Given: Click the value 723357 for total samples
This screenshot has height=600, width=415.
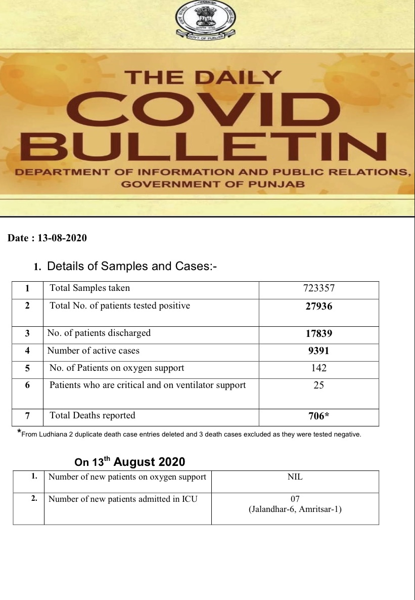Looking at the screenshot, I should [x=318, y=288].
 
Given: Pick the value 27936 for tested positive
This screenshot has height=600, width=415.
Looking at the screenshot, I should [x=318, y=306].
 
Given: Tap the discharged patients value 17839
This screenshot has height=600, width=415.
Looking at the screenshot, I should [x=318, y=333].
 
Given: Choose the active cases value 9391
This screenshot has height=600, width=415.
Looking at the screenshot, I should [x=318, y=351].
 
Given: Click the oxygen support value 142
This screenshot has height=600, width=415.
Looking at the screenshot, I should [x=318, y=368].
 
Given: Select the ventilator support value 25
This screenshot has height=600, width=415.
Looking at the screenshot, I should [x=318, y=385].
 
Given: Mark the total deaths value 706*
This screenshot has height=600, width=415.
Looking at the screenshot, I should [x=318, y=416].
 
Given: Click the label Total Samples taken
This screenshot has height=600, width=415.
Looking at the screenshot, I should [x=89, y=288].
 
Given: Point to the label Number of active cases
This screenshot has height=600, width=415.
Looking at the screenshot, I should [x=94, y=351].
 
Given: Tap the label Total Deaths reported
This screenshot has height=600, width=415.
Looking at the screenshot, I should [x=93, y=416].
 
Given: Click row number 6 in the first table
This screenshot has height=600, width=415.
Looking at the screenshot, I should [x=27, y=385].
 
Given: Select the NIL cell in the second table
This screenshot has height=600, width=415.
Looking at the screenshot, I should [x=295, y=477].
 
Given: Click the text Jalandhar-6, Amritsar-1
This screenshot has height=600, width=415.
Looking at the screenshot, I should [x=295, y=509].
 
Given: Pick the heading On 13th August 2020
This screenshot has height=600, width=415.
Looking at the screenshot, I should [x=130, y=462].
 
